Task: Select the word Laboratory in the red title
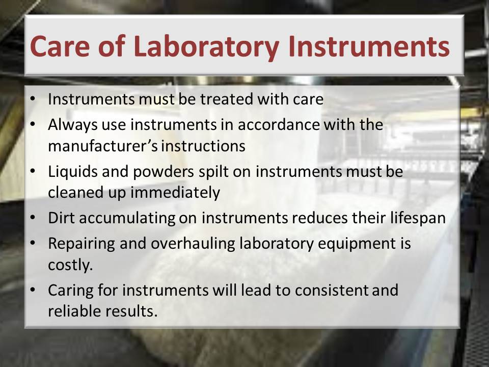(x=206, y=47)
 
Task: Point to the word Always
(x=72, y=125)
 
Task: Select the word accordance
(x=279, y=124)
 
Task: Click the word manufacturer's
(x=103, y=146)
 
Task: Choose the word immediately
(x=175, y=193)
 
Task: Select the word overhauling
(x=193, y=244)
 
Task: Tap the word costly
(x=70, y=265)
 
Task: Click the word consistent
(x=331, y=290)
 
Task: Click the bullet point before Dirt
(x=33, y=218)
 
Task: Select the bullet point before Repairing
(x=33, y=243)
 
